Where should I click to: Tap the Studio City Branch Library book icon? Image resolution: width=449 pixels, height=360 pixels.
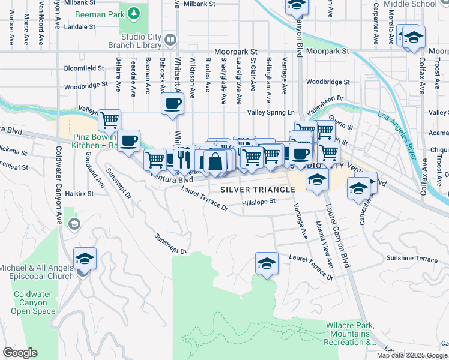pyautogui.click(x=170, y=40)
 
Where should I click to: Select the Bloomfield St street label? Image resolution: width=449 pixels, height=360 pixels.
pyautogui.click(x=83, y=68)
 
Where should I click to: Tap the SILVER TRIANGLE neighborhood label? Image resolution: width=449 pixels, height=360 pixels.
pyautogui.click(x=258, y=189)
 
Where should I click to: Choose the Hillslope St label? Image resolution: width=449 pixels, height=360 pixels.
pyautogui.click(x=258, y=202)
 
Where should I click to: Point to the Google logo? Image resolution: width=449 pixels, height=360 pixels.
pyautogui.click(x=19, y=352)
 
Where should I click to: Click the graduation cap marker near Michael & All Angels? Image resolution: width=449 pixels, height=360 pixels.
pyautogui.click(x=85, y=259)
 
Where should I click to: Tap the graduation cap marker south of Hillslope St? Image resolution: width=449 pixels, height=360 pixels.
pyautogui.click(x=267, y=263)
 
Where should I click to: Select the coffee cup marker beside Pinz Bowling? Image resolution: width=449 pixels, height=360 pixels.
pyautogui.click(x=128, y=142)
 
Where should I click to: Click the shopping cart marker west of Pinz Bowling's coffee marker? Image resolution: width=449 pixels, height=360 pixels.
pyautogui.click(x=109, y=121)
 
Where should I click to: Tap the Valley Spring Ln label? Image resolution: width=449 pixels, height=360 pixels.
pyautogui.click(x=271, y=112)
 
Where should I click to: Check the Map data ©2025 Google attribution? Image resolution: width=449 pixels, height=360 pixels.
pyautogui.click(x=412, y=355)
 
